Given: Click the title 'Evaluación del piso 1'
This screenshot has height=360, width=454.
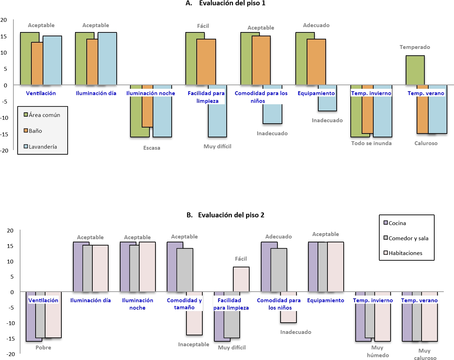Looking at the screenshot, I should [x=232, y=4].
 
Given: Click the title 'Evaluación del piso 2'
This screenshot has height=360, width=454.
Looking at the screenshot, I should [x=231, y=215].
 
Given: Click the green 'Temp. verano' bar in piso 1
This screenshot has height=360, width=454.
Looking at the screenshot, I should [x=415, y=70].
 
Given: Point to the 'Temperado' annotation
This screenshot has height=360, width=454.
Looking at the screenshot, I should [x=415, y=47].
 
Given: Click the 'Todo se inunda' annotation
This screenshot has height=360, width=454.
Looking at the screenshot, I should [x=371, y=143].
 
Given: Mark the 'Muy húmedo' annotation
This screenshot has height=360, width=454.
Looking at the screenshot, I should [x=378, y=351].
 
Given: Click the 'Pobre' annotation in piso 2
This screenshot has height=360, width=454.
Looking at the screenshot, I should [x=43, y=348].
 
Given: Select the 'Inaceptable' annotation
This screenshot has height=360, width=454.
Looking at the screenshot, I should [x=194, y=345].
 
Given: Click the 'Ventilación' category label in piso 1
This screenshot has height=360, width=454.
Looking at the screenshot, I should [x=41, y=93].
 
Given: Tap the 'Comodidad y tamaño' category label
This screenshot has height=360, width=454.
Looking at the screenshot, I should [x=184, y=304].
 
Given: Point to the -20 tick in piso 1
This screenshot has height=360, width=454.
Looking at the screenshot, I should [x=4, y=150].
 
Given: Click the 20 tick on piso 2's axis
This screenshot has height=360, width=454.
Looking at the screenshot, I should [x=10, y=231].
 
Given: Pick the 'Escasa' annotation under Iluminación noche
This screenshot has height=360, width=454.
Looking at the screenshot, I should [x=152, y=148].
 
